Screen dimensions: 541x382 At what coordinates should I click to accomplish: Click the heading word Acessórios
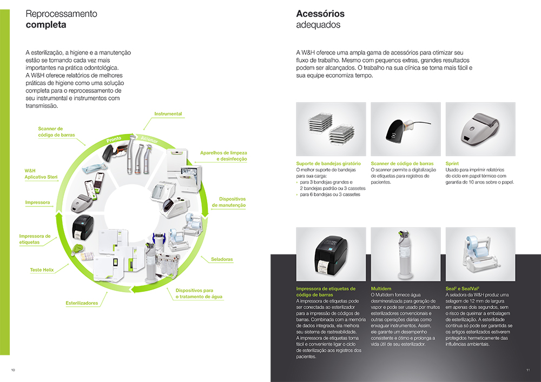click(x=320, y=14)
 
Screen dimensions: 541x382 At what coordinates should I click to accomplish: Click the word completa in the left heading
click(x=46, y=25)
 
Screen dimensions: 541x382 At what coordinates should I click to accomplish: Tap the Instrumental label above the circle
click(x=168, y=113)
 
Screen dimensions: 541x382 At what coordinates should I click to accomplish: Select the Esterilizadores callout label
click(x=82, y=303)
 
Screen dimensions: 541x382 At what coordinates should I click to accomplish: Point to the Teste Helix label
click(x=42, y=270)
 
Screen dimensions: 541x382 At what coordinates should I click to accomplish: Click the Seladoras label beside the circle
click(x=222, y=259)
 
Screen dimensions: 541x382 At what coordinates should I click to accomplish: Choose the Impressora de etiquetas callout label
click(x=35, y=239)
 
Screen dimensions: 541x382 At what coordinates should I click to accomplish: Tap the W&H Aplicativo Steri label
click(x=41, y=173)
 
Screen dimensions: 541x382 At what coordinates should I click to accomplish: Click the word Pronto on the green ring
click(x=114, y=139)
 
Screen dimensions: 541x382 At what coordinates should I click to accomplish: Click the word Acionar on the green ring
click(x=149, y=139)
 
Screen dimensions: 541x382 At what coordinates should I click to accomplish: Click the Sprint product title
click(x=452, y=164)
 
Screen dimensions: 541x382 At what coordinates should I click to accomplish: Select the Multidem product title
click(x=381, y=289)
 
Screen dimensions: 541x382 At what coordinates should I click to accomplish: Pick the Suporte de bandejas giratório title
click(x=328, y=164)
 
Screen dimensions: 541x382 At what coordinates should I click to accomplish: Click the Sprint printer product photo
click(x=480, y=129)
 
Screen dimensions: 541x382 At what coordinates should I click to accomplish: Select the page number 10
click(x=13, y=370)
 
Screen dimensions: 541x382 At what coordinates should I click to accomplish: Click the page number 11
click(x=528, y=370)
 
